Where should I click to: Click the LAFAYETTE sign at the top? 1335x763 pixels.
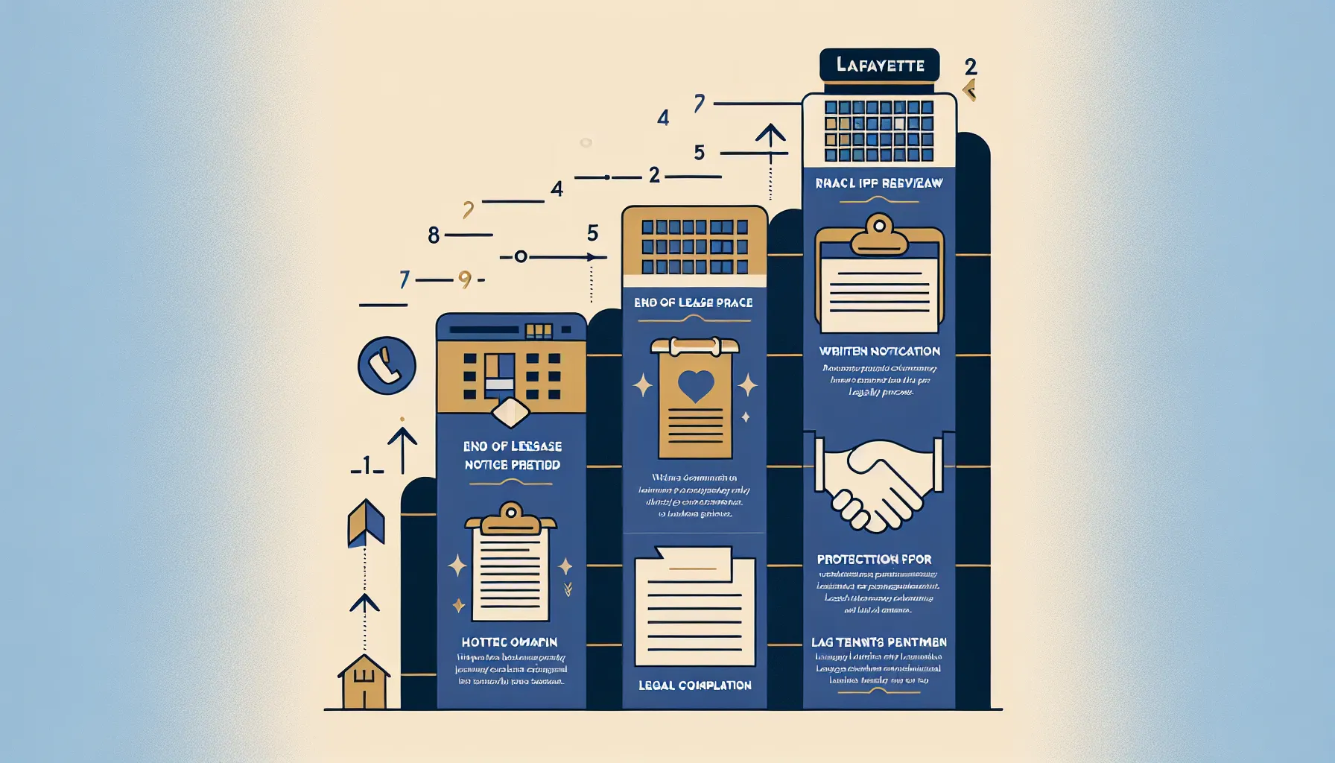[879, 66]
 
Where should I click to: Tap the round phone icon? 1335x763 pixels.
[387, 366]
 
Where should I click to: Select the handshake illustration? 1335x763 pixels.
[879, 483]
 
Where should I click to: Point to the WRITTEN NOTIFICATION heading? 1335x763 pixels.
[879, 351]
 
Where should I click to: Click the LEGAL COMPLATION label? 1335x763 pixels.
[694, 686]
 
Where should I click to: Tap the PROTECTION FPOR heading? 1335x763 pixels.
[874, 560]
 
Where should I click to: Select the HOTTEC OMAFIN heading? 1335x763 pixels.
[510, 642]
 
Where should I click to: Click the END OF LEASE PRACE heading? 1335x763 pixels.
[693, 303]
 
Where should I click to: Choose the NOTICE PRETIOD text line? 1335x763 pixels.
[513, 465]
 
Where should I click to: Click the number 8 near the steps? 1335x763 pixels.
[434, 235]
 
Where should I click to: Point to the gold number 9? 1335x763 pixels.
[465, 279]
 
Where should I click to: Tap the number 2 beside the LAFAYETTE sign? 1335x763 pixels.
[970, 67]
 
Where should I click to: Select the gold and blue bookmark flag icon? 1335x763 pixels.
[366, 522]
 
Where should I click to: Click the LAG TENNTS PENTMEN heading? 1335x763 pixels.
[879, 642]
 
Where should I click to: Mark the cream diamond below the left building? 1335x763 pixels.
[511, 413]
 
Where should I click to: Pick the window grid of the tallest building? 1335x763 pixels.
[879, 131]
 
